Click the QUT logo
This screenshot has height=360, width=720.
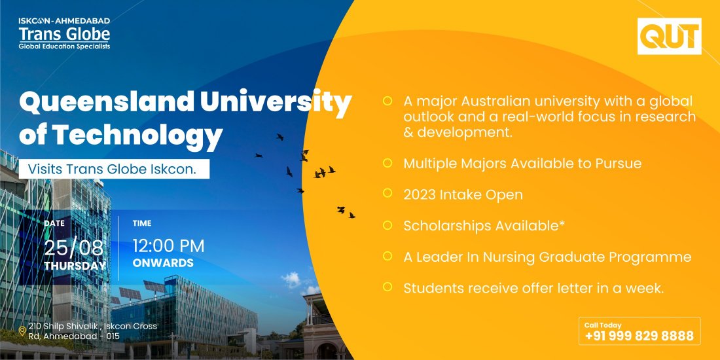pos(669,36)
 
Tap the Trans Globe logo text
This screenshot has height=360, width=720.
pos(64,33)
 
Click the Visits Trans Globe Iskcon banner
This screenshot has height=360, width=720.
pos(118,169)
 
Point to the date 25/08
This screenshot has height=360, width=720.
pos(73,247)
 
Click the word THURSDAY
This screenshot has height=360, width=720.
pos(75,266)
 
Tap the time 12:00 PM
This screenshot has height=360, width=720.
pos(168,246)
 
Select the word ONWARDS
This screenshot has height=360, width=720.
pos(163,263)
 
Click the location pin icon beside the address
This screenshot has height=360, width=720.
pos(22,331)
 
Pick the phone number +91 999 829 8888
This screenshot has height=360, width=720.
pos(639,336)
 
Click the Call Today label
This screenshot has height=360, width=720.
pos(603,325)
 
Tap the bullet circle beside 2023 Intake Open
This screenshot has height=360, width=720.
pos(387,194)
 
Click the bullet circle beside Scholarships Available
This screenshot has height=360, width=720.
pos(387,225)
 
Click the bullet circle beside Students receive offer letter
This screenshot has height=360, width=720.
pos(387,287)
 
